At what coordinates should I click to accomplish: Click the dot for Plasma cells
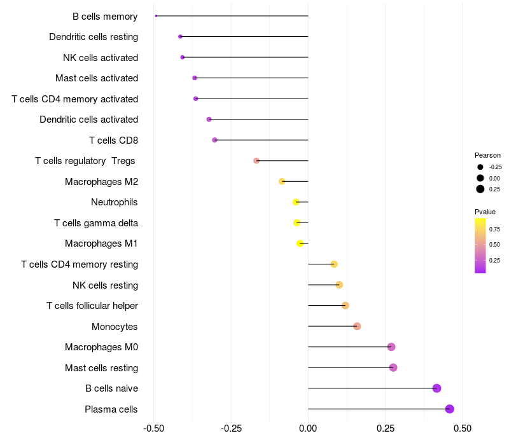[x=450, y=409]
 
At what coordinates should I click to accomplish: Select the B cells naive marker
[x=436, y=388]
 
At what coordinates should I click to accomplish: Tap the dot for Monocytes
[x=357, y=326]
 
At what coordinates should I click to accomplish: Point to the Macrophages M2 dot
[x=282, y=181]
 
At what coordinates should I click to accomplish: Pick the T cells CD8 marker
[x=214, y=140]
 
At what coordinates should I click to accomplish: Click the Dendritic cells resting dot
[x=180, y=37]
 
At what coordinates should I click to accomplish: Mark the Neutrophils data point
[x=295, y=202]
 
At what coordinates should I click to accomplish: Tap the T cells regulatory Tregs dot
[x=256, y=161]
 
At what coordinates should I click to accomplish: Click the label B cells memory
[x=105, y=17]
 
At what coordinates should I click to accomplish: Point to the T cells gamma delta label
[x=96, y=223]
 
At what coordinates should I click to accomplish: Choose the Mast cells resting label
[x=101, y=368]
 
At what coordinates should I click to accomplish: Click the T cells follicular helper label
[x=92, y=306]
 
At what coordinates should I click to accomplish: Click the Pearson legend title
[x=487, y=155]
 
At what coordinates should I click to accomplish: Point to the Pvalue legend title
[x=485, y=212]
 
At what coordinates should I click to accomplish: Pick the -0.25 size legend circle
[x=480, y=167]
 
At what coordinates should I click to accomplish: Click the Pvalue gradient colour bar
[x=480, y=245]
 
